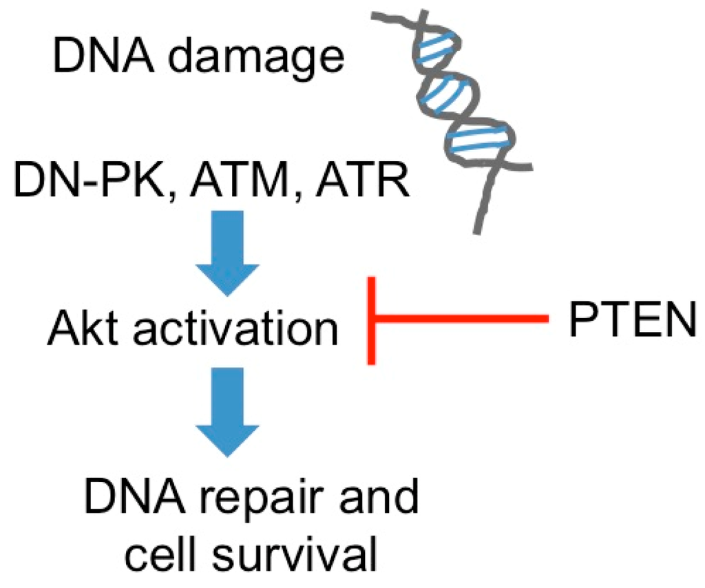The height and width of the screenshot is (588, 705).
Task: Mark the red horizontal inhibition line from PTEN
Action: coord(461,319)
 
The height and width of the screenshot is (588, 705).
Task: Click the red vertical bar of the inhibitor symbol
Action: coord(372,319)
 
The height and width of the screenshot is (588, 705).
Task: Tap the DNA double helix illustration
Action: coord(461,103)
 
